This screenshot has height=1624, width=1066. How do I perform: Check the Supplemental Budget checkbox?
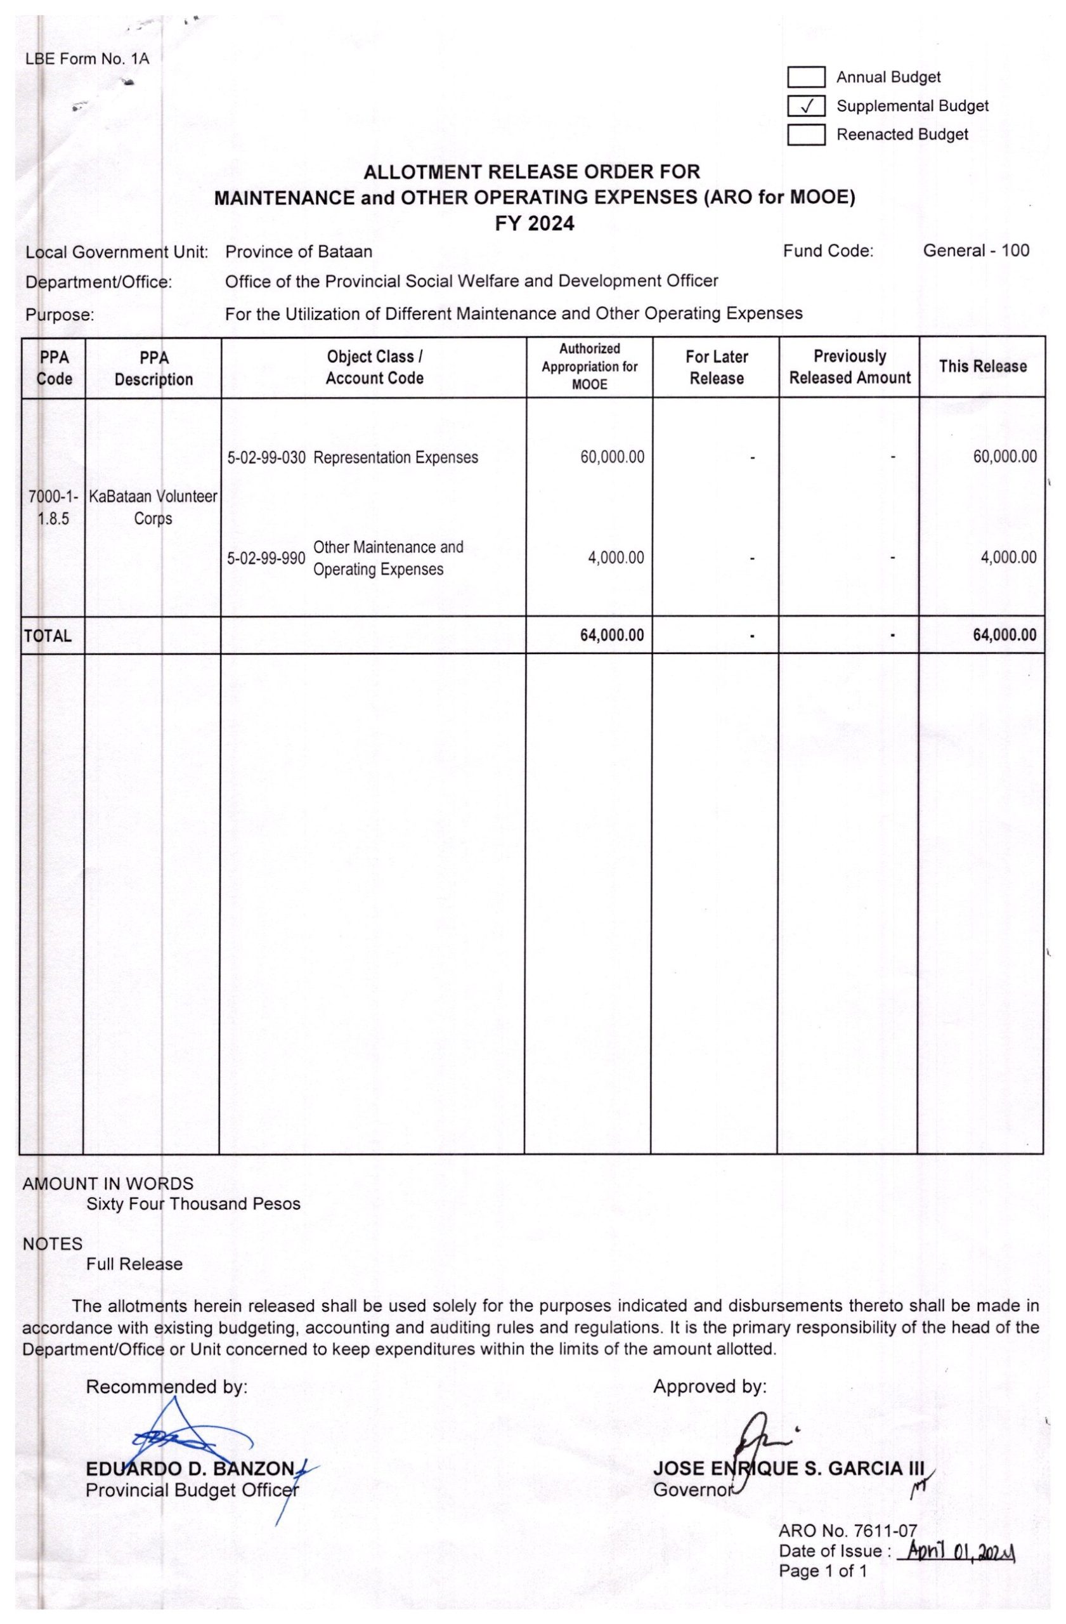click(806, 107)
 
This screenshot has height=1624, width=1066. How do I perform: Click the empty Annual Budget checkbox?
click(806, 78)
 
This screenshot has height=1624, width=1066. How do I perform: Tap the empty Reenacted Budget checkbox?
click(806, 135)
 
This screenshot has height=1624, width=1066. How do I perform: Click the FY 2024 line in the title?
click(534, 224)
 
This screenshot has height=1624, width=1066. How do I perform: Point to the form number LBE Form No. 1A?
click(87, 59)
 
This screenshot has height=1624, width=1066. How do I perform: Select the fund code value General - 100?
click(975, 251)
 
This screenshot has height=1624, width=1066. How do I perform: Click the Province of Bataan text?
click(299, 252)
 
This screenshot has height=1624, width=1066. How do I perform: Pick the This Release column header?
click(982, 367)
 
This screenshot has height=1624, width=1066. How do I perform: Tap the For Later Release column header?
click(716, 367)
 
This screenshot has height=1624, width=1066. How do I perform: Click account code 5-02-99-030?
click(266, 458)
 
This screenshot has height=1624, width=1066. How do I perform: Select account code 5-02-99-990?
click(266, 559)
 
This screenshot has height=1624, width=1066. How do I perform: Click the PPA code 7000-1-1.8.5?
click(53, 507)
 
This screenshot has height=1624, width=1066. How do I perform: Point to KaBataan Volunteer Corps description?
click(153, 507)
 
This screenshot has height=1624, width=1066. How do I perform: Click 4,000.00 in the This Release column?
click(1008, 558)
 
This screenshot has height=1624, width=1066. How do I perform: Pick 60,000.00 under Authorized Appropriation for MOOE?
click(612, 457)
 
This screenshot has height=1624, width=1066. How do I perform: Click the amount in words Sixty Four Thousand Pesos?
click(193, 1203)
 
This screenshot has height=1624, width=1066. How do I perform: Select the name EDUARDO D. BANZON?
click(190, 1469)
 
